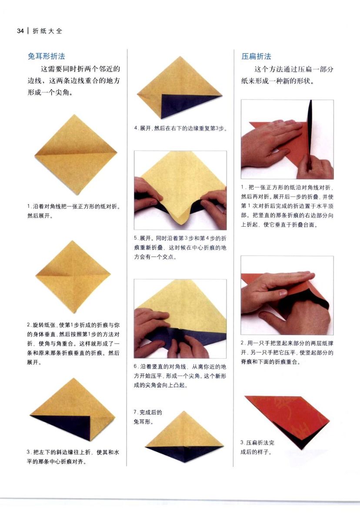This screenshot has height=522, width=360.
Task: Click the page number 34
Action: click(20, 31)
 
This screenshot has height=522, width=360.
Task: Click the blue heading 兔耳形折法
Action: click(47, 56)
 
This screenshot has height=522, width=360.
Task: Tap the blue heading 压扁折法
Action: click(256, 57)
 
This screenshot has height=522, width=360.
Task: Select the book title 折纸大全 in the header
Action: click(47, 31)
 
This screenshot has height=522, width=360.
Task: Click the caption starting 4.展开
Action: click(180, 128)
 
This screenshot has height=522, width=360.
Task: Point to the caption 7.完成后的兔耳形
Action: click(148, 417)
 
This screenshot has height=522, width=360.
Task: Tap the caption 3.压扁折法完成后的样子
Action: click(257, 448)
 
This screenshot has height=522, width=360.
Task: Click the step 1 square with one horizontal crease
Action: click(76, 154)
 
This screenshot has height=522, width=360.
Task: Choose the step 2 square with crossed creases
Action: click(73, 277)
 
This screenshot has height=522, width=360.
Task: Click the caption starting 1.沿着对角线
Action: click(73, 211)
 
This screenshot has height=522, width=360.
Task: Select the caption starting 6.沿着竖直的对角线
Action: click(180, 376)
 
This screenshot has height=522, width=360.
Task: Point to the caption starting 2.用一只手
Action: click(287, 353)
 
